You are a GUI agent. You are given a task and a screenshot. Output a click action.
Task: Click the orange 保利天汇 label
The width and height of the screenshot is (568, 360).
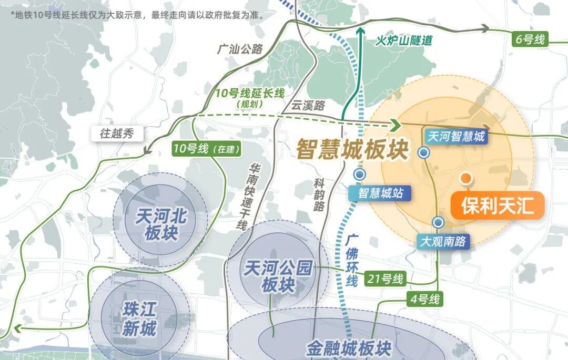[497, 206]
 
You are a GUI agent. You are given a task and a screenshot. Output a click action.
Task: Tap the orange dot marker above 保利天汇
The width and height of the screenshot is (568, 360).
[465, 178]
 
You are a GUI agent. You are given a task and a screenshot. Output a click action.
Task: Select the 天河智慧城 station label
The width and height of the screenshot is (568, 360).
[455, 137]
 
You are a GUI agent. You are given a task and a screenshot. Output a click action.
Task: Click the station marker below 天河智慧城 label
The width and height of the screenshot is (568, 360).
[424, 152]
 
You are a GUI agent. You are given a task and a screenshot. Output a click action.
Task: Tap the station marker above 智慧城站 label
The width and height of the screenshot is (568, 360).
[360, 174]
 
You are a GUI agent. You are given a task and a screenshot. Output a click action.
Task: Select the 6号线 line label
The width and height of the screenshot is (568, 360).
[531, 39]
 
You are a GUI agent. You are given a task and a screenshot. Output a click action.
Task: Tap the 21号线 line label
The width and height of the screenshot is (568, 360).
[386, 279]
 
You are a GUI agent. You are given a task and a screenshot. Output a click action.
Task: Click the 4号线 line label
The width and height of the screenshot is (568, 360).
[424, 300]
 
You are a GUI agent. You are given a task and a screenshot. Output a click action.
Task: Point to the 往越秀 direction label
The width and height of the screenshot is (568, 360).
[117, 133]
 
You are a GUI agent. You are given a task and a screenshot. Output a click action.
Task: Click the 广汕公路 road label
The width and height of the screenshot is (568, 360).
[240, 49]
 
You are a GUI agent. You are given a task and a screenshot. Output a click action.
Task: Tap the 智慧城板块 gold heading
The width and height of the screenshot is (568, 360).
[352, 149]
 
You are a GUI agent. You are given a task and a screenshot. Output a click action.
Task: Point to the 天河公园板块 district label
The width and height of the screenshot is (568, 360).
[278, 277]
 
